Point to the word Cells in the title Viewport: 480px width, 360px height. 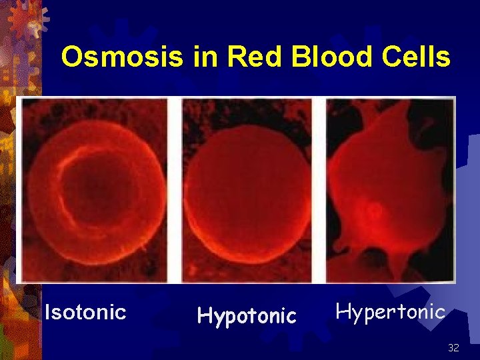[x=417, y=57]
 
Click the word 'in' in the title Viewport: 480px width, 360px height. [x=204, y=57]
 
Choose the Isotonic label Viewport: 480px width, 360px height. [x=85, y=312]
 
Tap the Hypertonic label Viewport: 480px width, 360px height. [x=390, y=311]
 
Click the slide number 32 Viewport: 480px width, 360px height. [x=453, y=348]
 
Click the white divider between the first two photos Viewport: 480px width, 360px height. [x=175, y=190]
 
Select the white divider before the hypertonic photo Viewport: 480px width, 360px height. [x=319, y=190]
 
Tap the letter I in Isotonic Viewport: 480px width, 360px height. [x=47, y=311]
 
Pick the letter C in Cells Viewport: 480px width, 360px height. [x=394, y=57]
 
